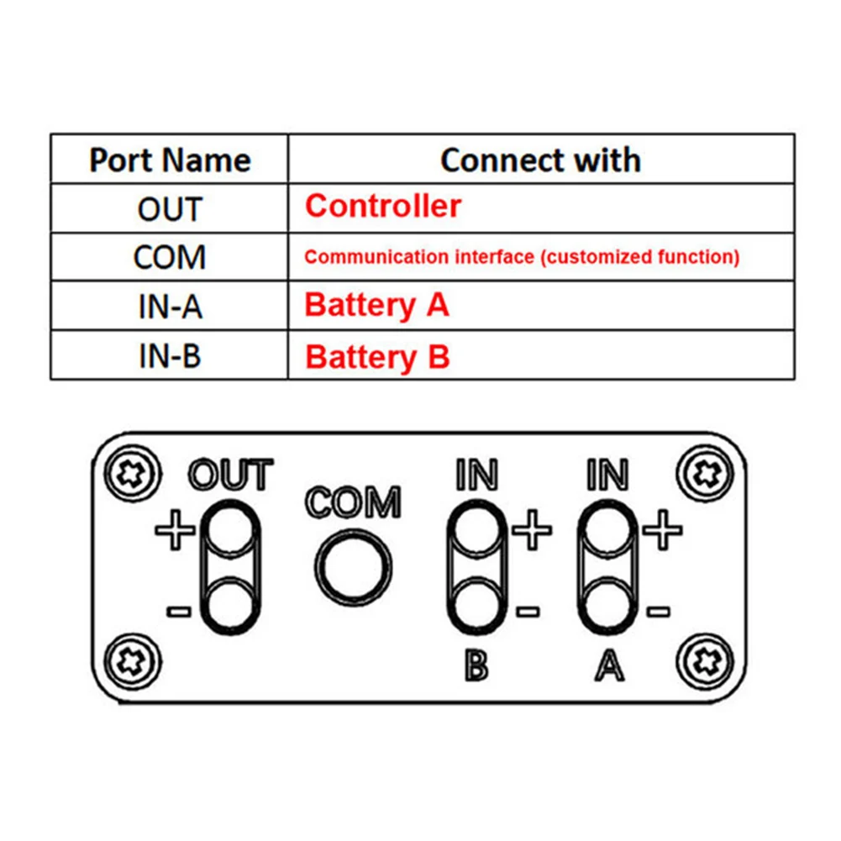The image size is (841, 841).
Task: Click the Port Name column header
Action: (x=170, y=160)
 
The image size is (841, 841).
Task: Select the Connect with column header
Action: (x=540, y=160)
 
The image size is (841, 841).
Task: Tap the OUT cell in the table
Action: (x=170, y=208)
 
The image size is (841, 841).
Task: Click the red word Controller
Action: (x=382, y=206)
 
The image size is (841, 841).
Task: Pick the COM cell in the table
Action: (x=170, y=257)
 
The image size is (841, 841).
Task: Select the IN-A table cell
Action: (x=170, y=307)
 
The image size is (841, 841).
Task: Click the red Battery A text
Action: (x=376, y=305)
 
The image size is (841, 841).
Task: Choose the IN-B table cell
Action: (x=170, y=356)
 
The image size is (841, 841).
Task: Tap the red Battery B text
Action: (x=377, y=356)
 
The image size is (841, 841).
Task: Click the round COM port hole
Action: (x=354, y=565)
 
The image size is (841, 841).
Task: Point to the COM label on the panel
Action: (x=353, y=502)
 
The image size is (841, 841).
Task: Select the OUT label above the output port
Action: (x=231, y=475)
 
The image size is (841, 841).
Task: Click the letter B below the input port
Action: (x=476, y=665)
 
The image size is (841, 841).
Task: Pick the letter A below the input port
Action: (x=609, y=665)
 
